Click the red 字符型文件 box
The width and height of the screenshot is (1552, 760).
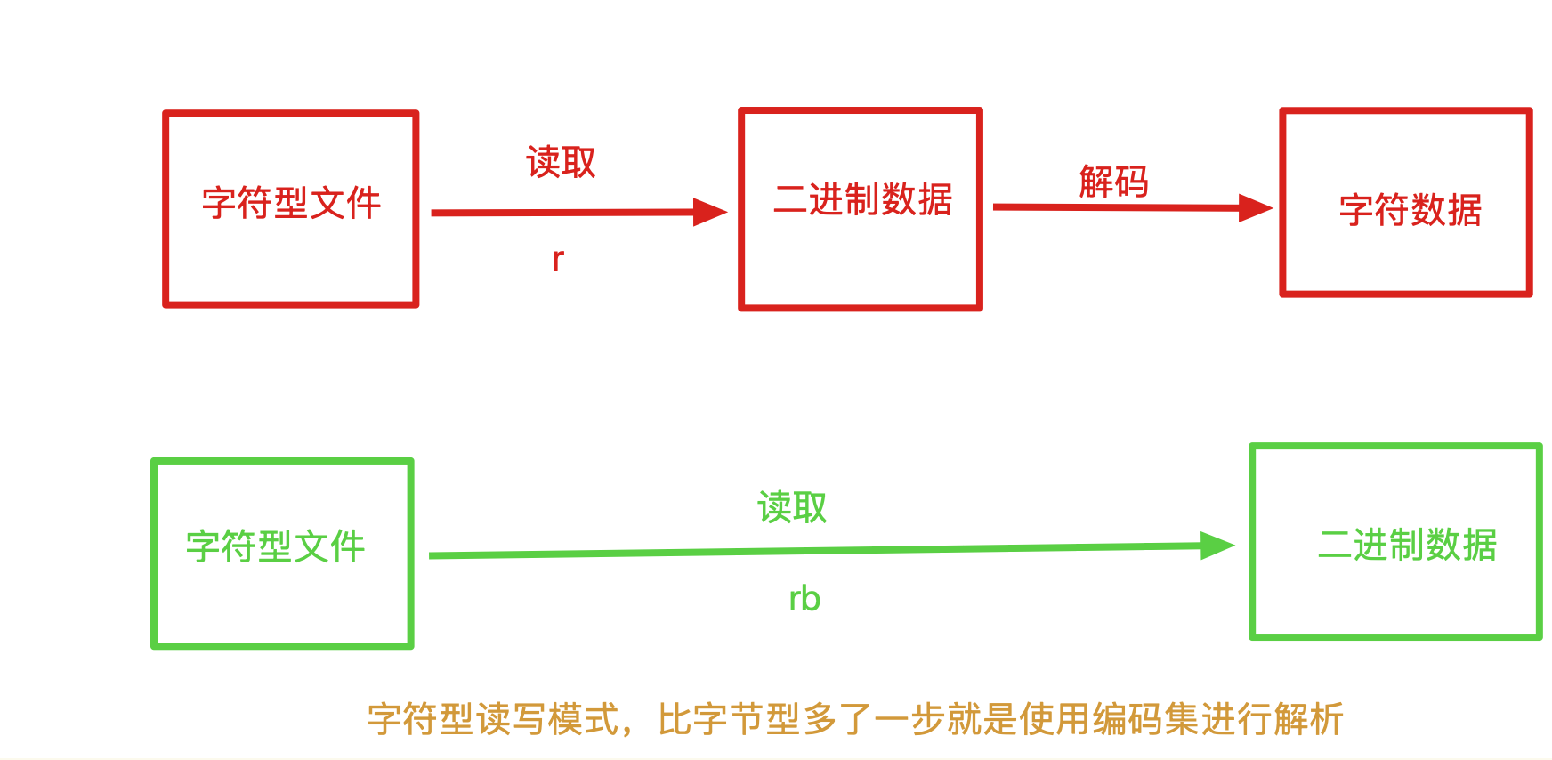pyautogui.click(x=291, y=209)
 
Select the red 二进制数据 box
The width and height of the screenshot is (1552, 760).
pyautogui.click(x=861, y=209)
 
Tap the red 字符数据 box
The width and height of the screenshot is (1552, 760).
pyautogui.click(x=1405, y=203)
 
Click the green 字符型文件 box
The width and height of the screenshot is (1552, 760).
pyautogui.click(x=282, y=554)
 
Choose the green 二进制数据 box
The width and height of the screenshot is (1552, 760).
pyautogui.click(x=1394, y=541)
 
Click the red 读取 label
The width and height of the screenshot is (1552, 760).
pyautogui.click(x=561, y=163)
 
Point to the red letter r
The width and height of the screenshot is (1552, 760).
pyautogui.click(x=558, y=259)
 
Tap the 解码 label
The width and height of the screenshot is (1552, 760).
pyautogui.click(x=1113, y=182)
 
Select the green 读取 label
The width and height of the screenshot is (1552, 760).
pyautogui.click(x=792, y=508)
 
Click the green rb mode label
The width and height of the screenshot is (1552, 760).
pyautogui.click(x=804, y=599)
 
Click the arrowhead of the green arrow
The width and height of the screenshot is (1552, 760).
pyautogui.click(x=1217, y=546)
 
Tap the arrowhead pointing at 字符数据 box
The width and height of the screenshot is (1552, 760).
pyautogui.click(x=1256, y=208)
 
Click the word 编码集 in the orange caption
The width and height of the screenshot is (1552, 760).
pyautogui.click(x=1144, y=719)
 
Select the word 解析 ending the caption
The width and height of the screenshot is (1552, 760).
pyautogui.click(x=1308, y=719)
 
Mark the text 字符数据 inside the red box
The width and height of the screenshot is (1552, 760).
pyautogui.click(x=1411, y=211)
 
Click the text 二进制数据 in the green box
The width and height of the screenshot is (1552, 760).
pyautogui.click(x=1407, y=545)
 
